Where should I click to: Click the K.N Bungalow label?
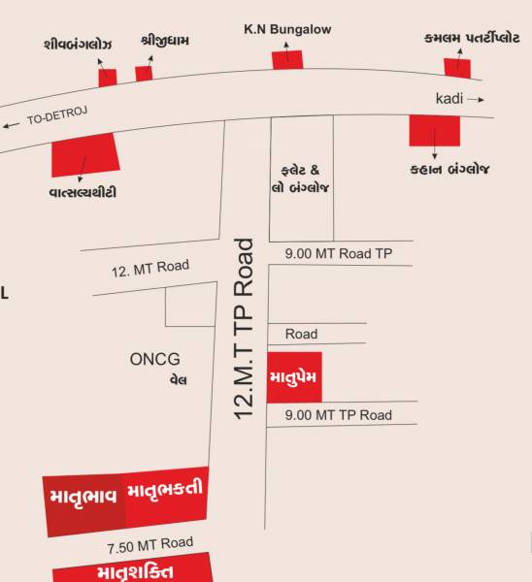286,30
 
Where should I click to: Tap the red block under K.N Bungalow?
286,59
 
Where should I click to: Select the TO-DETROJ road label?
57,117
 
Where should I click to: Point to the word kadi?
449,99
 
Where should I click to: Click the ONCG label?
155,359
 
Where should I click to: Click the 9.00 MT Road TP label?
339,254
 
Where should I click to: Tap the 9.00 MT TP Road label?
339,415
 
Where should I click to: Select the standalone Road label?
301,334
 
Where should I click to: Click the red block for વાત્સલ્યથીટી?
84,154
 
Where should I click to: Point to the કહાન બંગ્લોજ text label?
449,171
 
